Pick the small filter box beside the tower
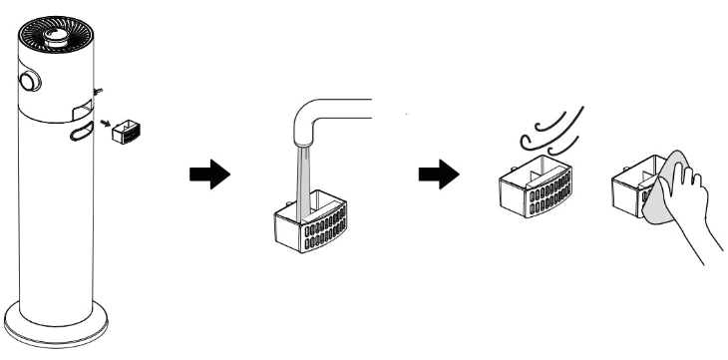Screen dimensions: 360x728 click(125, 131)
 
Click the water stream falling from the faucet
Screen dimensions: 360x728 click(302, 180)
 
